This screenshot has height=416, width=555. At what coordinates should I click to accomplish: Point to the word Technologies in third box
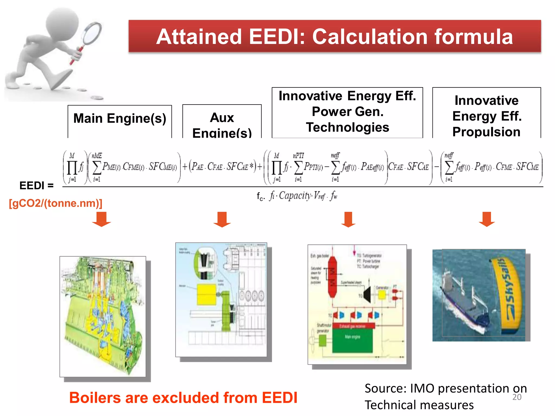347,127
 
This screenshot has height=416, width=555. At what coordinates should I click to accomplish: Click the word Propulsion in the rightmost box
486,132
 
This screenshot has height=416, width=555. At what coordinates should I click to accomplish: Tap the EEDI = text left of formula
36,186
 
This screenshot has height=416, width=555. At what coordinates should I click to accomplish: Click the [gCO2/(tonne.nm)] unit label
56,203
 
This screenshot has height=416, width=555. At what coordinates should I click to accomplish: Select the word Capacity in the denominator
295,196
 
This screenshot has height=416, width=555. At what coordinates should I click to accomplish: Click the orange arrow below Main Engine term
101,219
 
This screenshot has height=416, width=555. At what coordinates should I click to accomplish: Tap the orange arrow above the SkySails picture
487,219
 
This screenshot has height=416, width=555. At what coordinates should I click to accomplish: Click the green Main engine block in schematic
352,340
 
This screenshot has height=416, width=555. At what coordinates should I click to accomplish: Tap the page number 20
517,397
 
